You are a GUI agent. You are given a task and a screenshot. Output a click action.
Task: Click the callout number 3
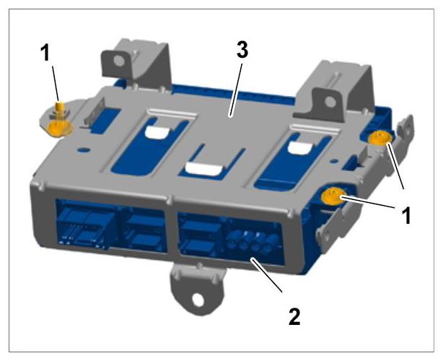pos(242,51)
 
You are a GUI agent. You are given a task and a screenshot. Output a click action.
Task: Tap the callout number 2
pos(294,317)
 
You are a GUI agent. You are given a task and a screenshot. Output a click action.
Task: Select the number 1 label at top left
pos(45,53)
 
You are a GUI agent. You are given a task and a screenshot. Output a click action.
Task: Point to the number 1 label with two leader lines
pos(406,216)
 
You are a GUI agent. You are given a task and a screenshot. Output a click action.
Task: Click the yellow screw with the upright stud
pos(60,121)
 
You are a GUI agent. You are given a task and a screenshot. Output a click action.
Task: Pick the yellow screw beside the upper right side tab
pos(380,138)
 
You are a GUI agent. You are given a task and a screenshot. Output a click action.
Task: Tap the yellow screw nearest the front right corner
pos(333,196)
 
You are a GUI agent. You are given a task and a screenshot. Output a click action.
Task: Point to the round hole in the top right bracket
pos(330,102)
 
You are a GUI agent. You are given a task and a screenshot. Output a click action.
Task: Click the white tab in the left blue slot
pos(158,132)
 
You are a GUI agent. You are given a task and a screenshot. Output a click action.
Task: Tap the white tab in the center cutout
pos(203,169)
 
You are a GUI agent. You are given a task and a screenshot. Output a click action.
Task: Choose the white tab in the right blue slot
pos(301,147)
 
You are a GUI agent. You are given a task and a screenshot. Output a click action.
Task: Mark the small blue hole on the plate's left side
pos(82,149)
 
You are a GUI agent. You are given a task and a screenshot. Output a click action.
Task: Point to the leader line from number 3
pos(236,90)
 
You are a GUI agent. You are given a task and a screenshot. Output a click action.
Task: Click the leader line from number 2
pos(266,275)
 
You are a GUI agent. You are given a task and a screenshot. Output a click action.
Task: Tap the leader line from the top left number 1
pos(56,84)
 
